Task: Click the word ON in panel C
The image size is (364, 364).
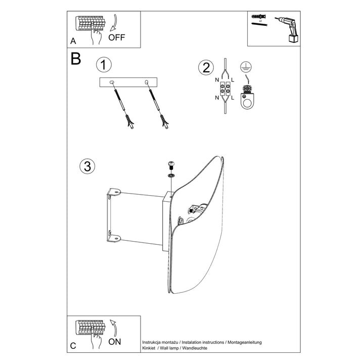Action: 115,342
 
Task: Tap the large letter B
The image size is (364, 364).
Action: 76,59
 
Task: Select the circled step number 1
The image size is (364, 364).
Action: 104,65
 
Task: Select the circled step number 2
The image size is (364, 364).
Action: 206,68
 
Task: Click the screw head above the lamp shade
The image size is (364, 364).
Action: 171,165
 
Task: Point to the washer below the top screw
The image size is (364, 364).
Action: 171,175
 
